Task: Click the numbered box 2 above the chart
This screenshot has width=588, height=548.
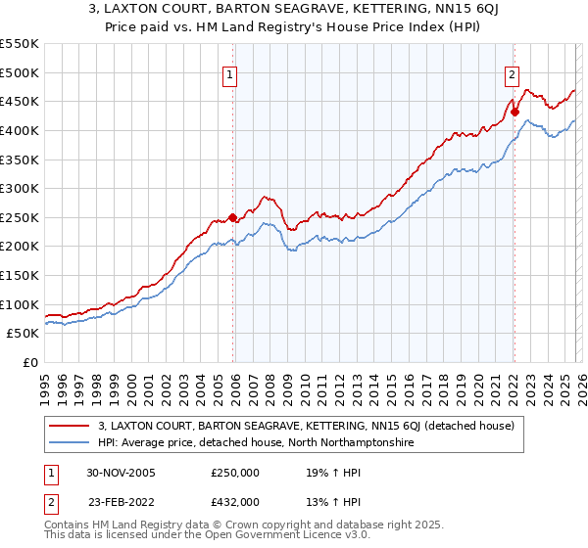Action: [512, 72]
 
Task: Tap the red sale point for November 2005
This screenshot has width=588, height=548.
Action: [232, 217]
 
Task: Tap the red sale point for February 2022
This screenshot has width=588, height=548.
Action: [514, 112]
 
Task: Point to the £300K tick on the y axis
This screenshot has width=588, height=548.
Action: [20, 188]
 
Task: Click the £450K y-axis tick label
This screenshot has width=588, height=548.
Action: [20, 101]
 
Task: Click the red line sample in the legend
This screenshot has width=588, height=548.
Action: [69, 425]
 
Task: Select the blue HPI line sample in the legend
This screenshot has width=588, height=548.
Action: [69, 443]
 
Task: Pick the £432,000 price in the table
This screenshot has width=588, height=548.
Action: [235, 501]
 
